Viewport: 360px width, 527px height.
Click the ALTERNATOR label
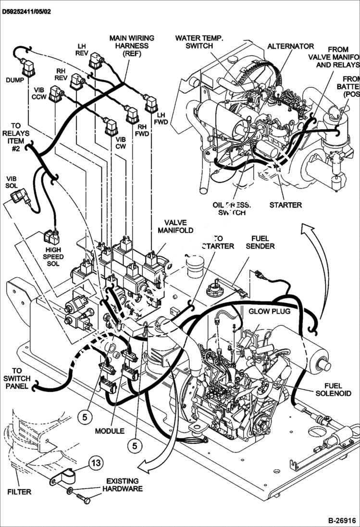290,46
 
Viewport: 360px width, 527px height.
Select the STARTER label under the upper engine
286,205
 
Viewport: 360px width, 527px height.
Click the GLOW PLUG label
269,311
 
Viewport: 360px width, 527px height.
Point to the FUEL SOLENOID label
334,389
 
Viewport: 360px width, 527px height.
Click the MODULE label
110,430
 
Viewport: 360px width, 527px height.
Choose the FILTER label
19,491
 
